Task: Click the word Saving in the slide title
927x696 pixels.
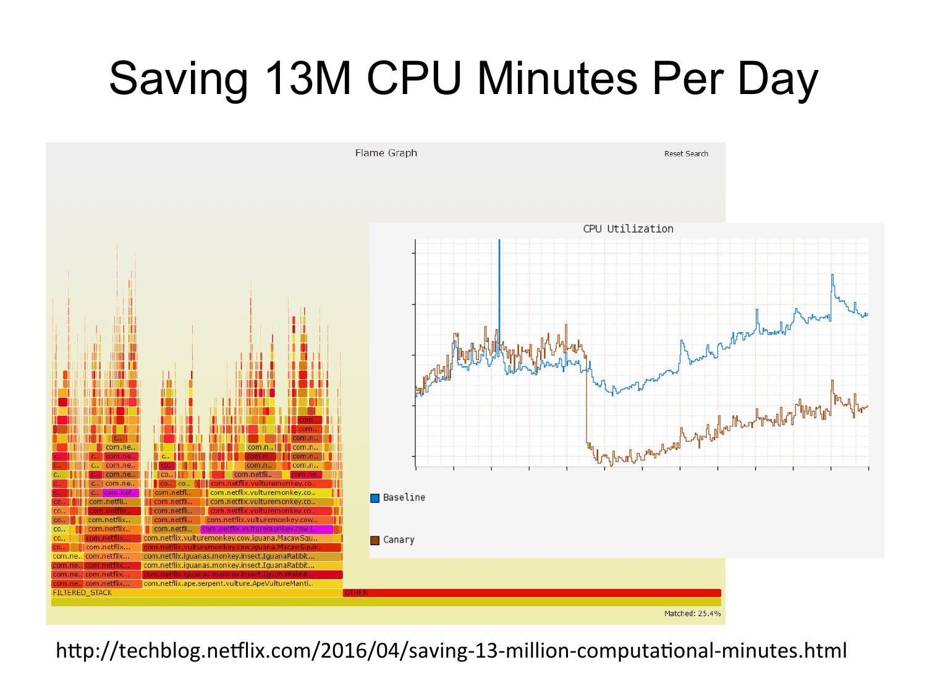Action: [x=178, y=79]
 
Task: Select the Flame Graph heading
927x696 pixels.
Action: [x=386, y=153]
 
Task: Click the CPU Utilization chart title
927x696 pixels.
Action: [x=628, y=228]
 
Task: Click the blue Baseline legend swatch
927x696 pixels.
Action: [x=375, y=498]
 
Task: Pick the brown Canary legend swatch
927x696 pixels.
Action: [x=375, y=540]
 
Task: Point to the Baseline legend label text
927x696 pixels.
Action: [x=404, y=497]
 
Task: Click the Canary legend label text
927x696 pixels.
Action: [x=399, y=539]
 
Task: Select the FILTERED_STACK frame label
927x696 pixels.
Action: [x=83, y=593]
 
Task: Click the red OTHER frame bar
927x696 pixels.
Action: [x=531, y=593]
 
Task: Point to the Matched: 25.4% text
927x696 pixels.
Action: [x=692, y=614]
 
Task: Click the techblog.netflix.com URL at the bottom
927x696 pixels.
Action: [x=451, y=651]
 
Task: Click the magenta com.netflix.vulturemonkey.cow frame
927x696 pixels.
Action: [x=266, y=529]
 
